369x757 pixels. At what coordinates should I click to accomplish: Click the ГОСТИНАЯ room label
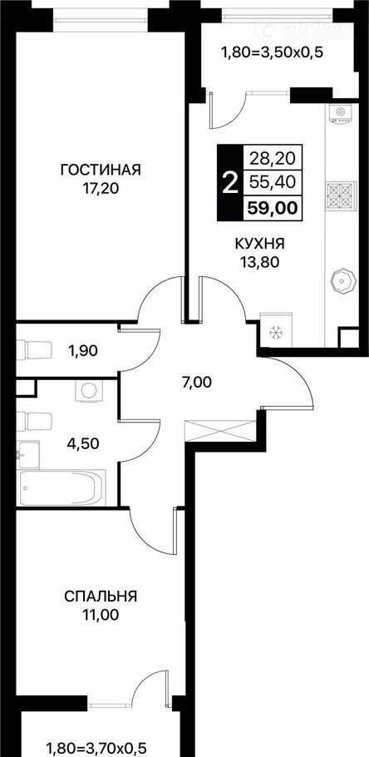coord(101,170)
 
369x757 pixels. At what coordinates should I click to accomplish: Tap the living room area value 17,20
coord(101,188)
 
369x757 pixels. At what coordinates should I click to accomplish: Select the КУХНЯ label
coord(260,244)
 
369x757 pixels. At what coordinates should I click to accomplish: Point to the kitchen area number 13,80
coord(260,262)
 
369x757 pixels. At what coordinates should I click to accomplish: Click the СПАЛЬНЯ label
coord(101,596)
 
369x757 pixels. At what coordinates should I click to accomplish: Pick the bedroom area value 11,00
coord(101,615)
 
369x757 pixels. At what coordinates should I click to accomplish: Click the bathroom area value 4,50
coord(83,443)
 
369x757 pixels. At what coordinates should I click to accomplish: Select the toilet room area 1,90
coord(83,351)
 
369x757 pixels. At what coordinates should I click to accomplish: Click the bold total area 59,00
coord(273,208)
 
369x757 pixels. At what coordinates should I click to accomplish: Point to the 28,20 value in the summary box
coord(273,157)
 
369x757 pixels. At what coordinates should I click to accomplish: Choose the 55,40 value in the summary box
coord(273,182)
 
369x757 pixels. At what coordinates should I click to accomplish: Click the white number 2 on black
coord(230,183)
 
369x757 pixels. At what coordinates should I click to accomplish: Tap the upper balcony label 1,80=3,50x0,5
coord(271,52)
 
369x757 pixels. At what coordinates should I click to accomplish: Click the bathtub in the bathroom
coord(61,488)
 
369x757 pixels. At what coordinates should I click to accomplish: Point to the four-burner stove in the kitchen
coord(341,196)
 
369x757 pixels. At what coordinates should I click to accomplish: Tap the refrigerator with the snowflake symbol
coord(276,331)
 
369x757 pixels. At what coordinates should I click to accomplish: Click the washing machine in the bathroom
coord(87,390)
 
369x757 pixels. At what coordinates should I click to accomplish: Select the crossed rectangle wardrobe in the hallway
coord(220,430)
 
